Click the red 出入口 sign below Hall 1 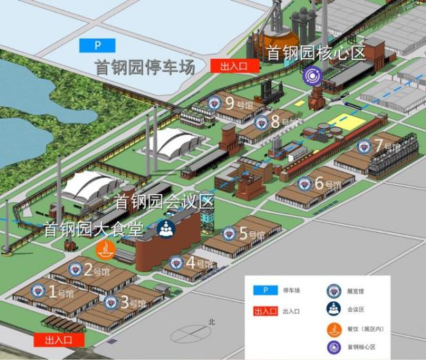[x=59, y=339]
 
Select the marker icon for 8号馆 [x=261, y=123]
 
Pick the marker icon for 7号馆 [x=364, y=146]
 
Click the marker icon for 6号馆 [x=304, y=184]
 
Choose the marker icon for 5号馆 [x=229, y=234]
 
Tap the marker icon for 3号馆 [x=110, y=302]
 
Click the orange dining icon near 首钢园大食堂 [x=104, y=249]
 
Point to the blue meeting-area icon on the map [x=165, y=228]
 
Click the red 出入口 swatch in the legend [x=266, y=312]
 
